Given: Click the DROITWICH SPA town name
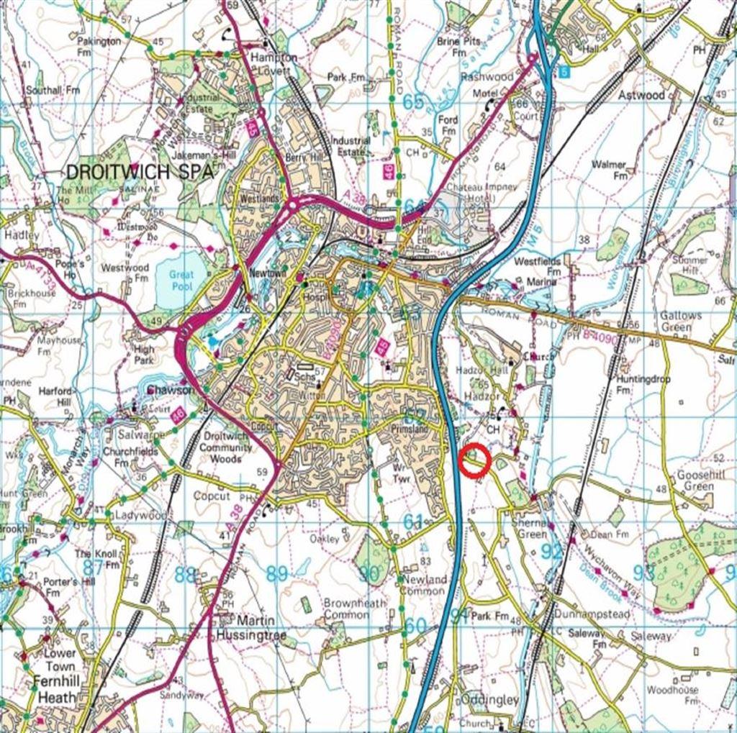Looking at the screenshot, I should coord(140,173).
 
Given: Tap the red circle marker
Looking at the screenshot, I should coord(474,461).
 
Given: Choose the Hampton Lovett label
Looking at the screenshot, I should coord(273,64).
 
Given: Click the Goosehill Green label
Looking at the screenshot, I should coord(695,481).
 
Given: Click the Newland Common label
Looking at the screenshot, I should coord(424,585).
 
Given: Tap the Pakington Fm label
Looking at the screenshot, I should coord(99,47).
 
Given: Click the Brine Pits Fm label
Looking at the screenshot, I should coord(458,47).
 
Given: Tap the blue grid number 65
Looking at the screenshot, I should coord(413,101).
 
